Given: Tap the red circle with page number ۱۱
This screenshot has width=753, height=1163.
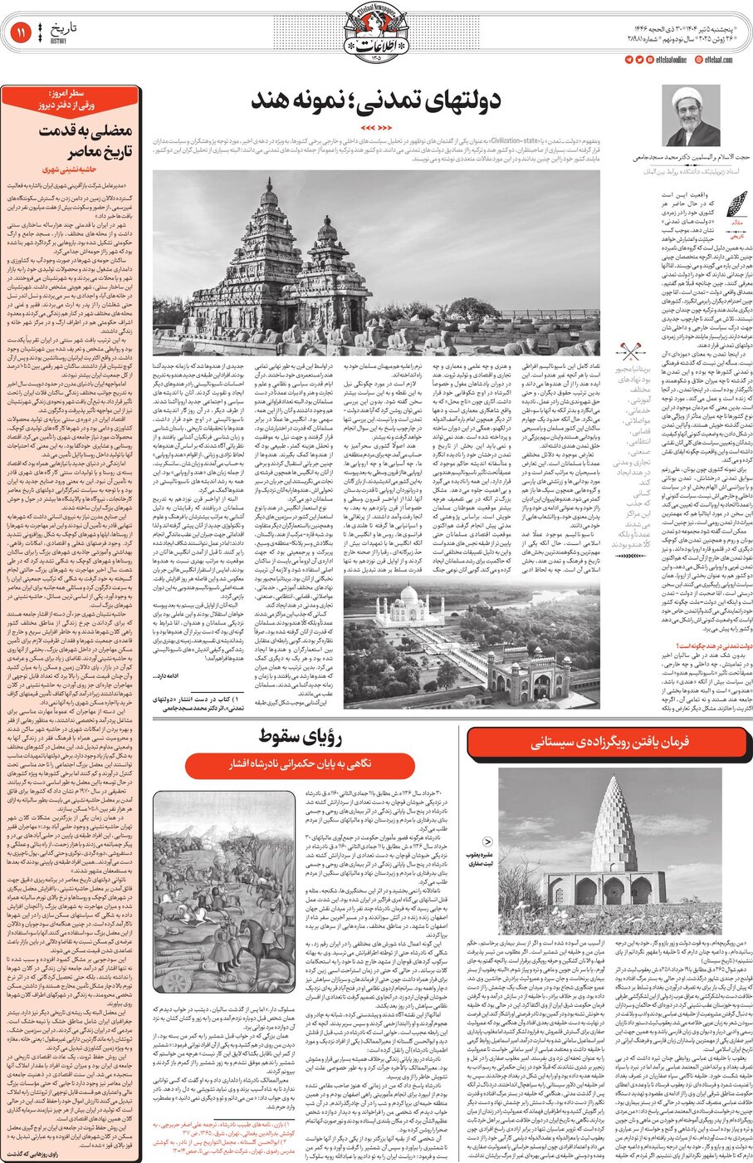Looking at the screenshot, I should [21, 34].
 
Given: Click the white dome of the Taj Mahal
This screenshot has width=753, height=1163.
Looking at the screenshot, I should [411, 596].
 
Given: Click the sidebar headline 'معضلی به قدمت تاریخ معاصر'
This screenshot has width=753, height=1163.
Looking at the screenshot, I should [71, 140].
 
